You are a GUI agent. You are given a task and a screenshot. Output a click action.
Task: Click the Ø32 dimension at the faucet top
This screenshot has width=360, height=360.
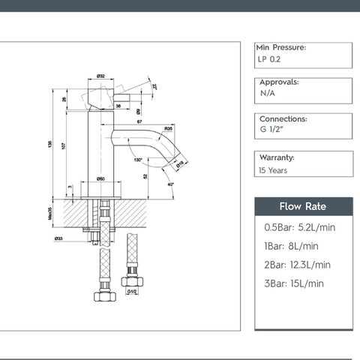click(x=100, y=76)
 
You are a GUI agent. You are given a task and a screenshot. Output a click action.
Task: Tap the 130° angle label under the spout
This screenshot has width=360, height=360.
click(x=137, y=159)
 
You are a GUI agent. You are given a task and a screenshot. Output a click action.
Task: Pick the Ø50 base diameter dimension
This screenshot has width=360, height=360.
click(x=100, y=178)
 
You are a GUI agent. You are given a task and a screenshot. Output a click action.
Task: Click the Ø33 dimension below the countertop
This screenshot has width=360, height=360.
click(x=58, y=239)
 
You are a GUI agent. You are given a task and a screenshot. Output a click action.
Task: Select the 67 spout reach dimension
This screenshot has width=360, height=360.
click(x=139, y=121)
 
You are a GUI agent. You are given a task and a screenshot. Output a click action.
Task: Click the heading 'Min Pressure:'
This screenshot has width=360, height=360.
click(x=281, y=47)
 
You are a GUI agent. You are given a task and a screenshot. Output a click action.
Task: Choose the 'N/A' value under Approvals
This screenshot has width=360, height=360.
click(x=268, y=96)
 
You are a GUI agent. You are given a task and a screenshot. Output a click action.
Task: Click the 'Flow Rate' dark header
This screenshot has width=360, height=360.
click(x=303, y=206)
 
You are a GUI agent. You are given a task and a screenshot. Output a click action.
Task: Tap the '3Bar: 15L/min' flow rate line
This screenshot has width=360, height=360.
click(x=294, y=283)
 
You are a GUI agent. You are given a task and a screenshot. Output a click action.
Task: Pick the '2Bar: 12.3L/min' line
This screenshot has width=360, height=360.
click(x=297, y=265)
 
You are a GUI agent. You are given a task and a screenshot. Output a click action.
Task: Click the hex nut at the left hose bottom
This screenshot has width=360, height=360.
click(x=104, y=295)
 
